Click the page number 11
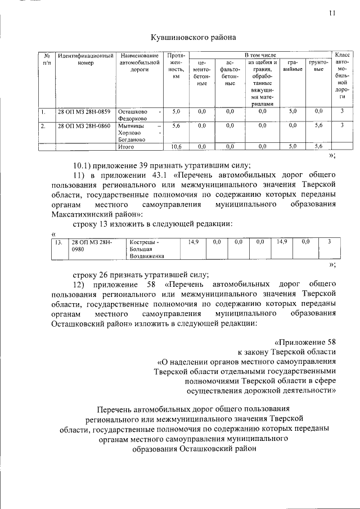tap(333, 15)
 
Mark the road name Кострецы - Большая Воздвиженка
tap(146, 249)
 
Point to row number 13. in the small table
tap(58, 242)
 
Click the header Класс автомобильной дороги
tap(342, 76)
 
